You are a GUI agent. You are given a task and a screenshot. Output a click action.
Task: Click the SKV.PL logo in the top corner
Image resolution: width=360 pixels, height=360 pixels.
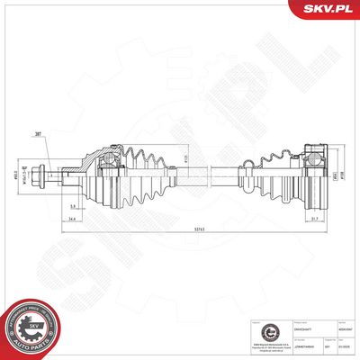[328, 10]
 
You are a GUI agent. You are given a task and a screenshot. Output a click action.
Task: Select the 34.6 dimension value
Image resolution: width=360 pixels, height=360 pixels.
[95, 219]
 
